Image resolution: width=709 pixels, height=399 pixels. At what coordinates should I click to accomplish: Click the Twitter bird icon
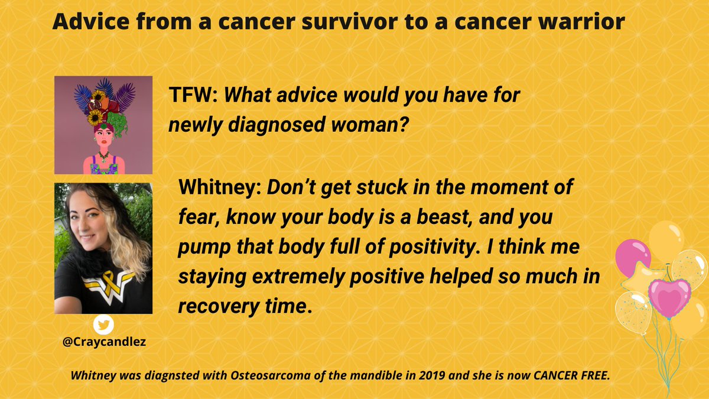(x=103, y=325)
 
